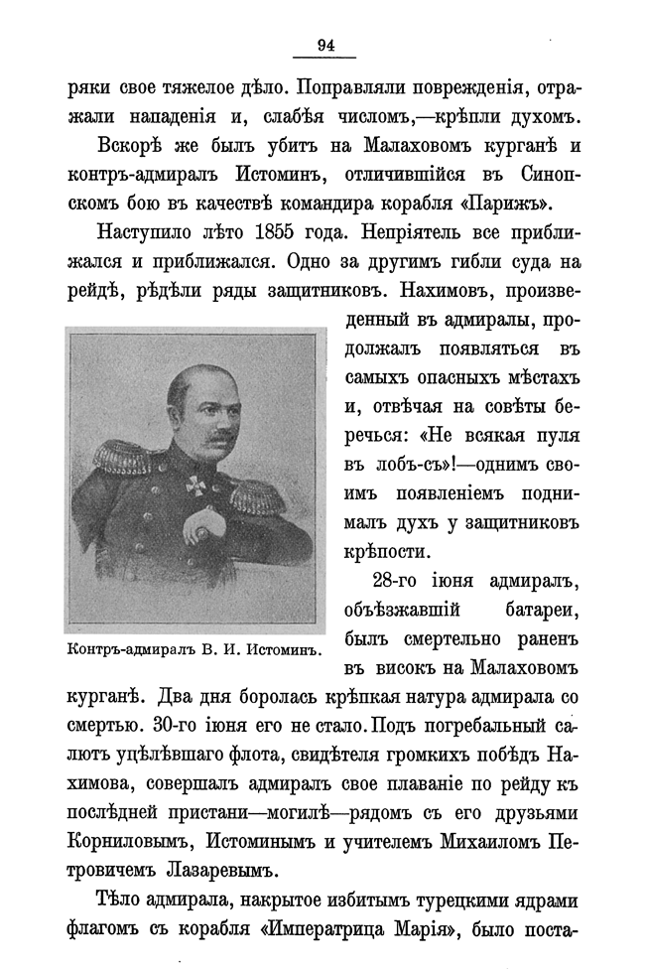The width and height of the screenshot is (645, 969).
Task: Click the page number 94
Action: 324,44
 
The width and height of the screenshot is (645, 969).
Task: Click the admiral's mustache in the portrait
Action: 214,429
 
